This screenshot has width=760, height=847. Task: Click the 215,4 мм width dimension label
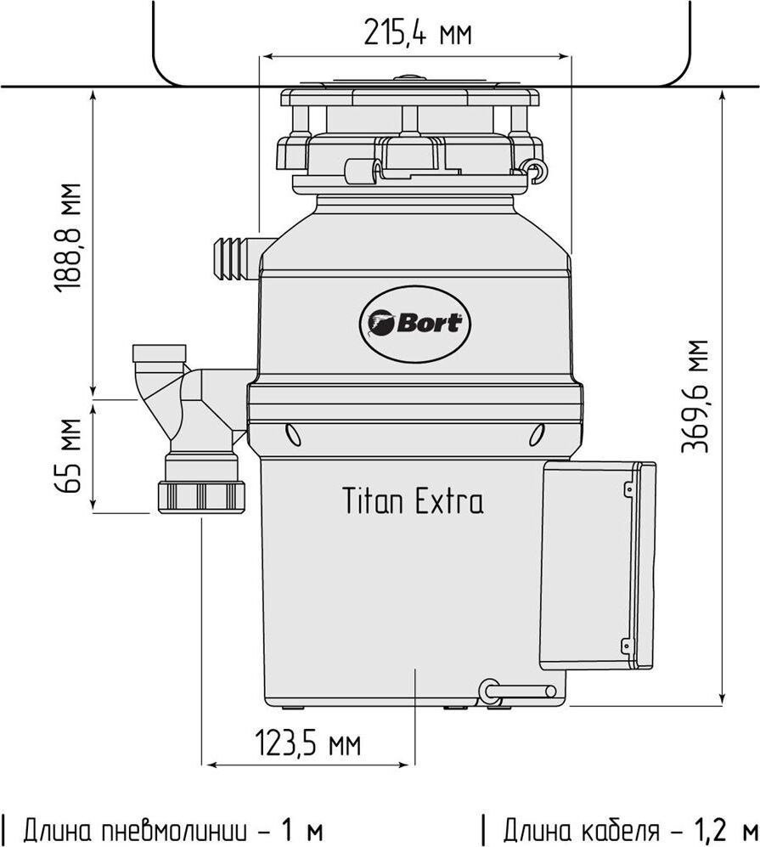pos(418,32)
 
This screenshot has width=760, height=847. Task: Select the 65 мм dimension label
pos(69,455)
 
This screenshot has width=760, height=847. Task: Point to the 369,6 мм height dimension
pos(694,395)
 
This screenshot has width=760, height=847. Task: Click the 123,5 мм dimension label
pos(307,744)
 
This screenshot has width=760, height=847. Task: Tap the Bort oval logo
pos(414,325)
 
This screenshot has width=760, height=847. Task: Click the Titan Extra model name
pos(413,500)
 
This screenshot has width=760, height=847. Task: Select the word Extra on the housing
pos(449,500)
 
